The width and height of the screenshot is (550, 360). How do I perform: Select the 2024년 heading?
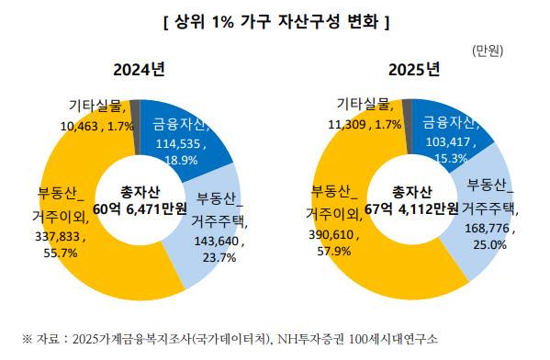click(140, 70)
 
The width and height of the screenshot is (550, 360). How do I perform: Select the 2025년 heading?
click(414, 70)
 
